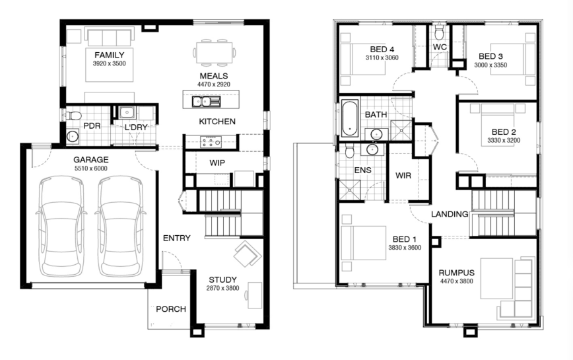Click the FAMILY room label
110,55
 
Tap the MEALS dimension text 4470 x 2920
214,85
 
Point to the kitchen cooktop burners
211,141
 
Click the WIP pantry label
217,162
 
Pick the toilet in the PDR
73,116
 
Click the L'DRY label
136,127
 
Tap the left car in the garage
61,227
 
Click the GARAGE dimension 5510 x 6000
91,168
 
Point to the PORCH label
171,309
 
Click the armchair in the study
248,253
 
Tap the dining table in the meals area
214,53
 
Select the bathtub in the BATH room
350,118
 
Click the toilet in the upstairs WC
439,32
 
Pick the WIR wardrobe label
403,176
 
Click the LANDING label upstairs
450,214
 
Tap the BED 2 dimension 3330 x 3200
504,140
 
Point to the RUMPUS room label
456,273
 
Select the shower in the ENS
350,190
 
